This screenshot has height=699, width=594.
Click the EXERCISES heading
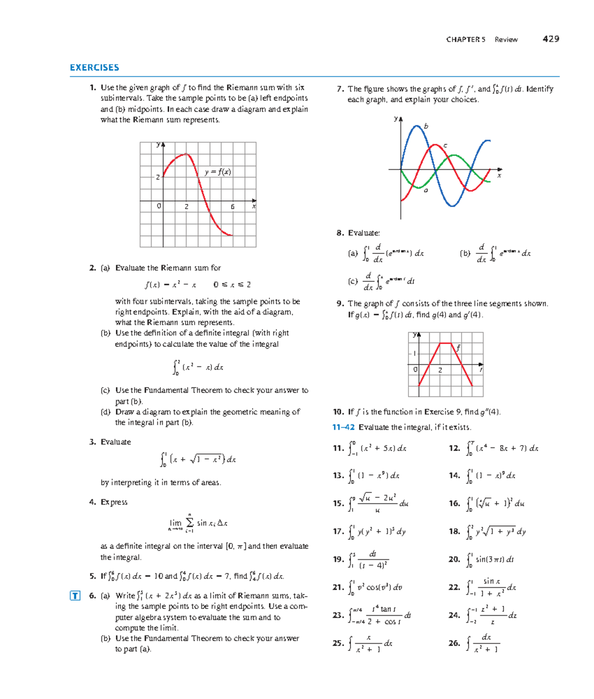click(94, 68)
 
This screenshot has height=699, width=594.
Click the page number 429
click(550, 39)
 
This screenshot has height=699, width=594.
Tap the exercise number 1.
click(93, 88)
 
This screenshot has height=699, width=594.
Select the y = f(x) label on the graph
click(218, 172)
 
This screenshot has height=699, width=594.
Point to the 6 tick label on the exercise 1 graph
click(232, 206)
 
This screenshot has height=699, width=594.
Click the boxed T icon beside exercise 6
click(75, 596)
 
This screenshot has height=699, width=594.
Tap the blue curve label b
click(426, 126)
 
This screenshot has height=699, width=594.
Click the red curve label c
click(445, 146)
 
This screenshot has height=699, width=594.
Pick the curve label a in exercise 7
click(426, 191)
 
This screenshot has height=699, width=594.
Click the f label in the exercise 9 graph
click(458, 348)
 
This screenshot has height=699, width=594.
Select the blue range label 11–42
click(343, 427)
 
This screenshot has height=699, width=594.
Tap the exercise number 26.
click(454, 644)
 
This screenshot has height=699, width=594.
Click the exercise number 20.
click(454, 559)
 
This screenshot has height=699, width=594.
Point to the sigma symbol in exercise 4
click(190, 523)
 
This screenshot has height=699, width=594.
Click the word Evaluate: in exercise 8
click(364, 233)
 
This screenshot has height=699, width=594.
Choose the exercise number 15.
click(338, 503)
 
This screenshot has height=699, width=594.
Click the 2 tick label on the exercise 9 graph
click(440, 370)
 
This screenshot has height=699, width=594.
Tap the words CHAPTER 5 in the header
click(465, 40)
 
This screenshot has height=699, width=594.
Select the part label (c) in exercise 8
click(352, 281)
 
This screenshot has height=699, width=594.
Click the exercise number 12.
click(454, 449)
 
